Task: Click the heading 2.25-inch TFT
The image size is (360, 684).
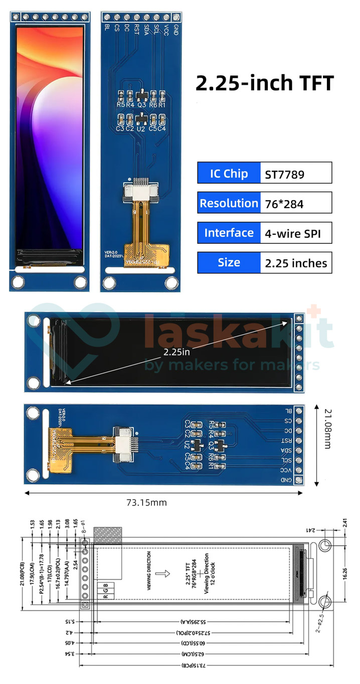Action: [x=264, y=83]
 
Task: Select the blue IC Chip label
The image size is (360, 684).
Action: [x=229, y=174]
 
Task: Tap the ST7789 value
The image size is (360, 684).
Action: [x=284, y=175]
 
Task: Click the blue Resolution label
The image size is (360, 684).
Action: [x=229, y=203]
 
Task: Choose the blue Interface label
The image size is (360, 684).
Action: [x=229, y=233]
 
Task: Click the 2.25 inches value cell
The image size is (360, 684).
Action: [x=295, y=263]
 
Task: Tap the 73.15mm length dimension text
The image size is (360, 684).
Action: [x=146, y=502]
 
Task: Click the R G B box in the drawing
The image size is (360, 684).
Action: [x=108, y=590]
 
